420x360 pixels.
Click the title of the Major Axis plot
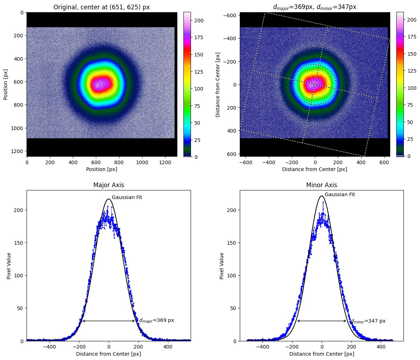click(x=108, y=185)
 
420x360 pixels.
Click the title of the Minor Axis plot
click(x=321, y=185)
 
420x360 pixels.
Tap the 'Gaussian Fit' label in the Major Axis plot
click(x=127, y=197)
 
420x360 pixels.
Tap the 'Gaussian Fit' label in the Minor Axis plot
click(x=340, y=194)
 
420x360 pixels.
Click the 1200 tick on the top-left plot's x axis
click(x=165, y=163)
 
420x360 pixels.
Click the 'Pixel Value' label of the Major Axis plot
click(x=9, y=266)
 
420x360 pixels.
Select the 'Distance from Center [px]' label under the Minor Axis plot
click(x=321, y=354)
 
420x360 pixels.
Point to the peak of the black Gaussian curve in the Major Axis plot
click(x=109, y=199)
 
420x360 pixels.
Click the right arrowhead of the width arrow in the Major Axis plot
click(x=135, y=321)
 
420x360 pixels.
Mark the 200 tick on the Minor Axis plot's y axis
click(x=233, y=210)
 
